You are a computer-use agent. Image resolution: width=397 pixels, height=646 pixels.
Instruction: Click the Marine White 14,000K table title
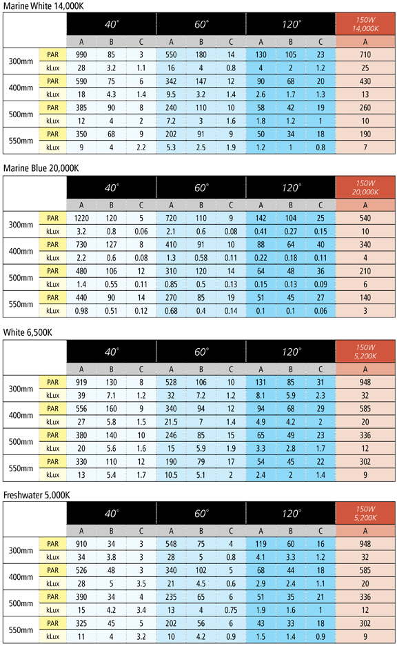click(43, 6)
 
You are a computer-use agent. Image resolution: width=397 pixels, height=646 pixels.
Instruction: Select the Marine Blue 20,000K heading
click(41, 168)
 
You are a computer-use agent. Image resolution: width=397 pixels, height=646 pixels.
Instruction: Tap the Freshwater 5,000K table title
click(37, 495)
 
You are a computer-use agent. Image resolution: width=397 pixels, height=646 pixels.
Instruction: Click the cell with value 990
click(81, 54)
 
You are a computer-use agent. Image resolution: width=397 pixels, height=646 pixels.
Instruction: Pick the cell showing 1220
click(81, 218)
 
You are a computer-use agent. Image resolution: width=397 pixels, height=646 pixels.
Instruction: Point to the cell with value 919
click(81, 382)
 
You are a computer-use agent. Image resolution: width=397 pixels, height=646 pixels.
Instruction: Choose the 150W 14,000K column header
click(365, 24)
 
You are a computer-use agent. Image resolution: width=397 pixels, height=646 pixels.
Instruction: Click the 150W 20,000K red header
click(365, 188)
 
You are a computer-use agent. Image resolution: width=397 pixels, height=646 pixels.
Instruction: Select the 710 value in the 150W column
click(365, 54)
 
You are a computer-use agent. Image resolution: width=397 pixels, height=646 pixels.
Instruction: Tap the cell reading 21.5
click(171, 422)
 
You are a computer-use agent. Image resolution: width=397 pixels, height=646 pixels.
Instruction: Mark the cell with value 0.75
click(231, 610)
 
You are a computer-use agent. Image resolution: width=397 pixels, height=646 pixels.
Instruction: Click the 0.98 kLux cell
click(81, 311)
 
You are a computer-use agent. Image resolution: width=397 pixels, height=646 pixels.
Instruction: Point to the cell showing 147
click(201, 81)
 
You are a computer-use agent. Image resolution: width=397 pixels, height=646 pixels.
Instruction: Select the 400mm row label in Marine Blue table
click(21, 251)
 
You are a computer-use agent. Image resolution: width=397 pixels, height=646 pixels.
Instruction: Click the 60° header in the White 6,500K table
click(201, 352)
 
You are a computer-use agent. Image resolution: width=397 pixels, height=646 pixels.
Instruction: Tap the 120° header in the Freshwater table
click(291, 514)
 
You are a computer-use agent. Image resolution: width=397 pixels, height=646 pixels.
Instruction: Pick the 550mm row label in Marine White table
click(21, 141)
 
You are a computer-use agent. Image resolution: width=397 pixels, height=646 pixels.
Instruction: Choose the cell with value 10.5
click(171, 474)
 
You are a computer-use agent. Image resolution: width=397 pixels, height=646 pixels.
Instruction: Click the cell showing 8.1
click(261, 395)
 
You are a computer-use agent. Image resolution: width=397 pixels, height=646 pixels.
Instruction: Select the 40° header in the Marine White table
click(111, 24)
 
